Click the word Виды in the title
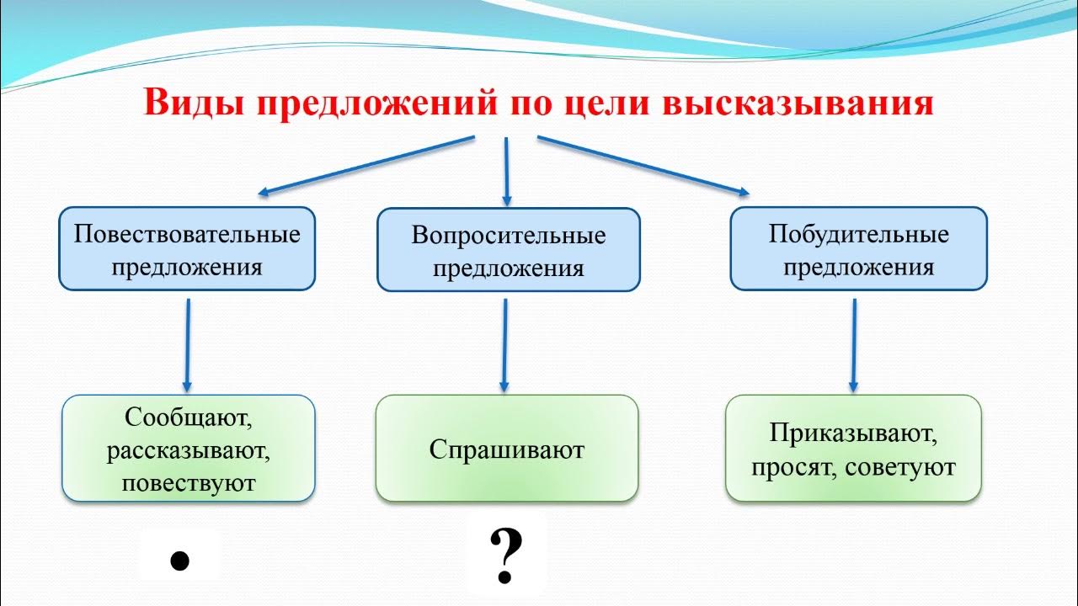(x=194, y=104)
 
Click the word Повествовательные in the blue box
(x=187, y=233)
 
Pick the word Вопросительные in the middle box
(x=508, y=235)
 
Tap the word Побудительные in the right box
(x=858, y=233)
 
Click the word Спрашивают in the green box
(x=506, y=449)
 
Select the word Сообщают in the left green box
(x=189, y=417)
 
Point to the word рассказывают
(x=189, y=449)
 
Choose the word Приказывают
(x=853, y=433)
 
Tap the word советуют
(x=902, y=466)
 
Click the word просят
(x=790, y=466)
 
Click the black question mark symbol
(x=505, y=556)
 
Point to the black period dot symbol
(x=178, y=561)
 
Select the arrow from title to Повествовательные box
(x=366, y=165)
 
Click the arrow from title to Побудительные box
(x=643, y=165)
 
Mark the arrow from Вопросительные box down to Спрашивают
(x=504, y=345)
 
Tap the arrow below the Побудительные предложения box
(x=854, y=345)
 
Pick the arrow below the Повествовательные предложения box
(x=187, y=345)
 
